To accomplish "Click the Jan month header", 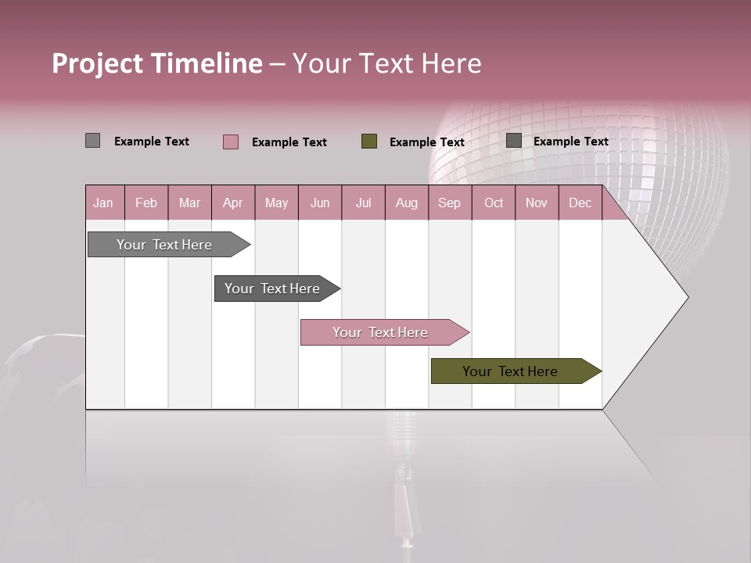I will click(x=104, y=203).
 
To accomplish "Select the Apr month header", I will click(x=233, y=203).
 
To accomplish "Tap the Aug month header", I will click(x=407, y=203).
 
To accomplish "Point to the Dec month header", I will click(x=580, y=203).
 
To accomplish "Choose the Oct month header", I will click(x=494, y=203).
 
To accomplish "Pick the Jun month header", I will click(x=320, y=203).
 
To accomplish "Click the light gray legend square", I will click(x=92, y=141).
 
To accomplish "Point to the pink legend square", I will click(x=231, y=142).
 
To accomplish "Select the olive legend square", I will click(x=369, y=142).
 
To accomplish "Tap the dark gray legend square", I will click(x=514, y=141).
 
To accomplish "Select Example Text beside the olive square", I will click(x=426, y=142).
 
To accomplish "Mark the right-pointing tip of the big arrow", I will click(x=687, y=297).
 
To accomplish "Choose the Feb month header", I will click(x=146, y=203).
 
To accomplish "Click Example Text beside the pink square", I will click(x=289, y=142).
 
